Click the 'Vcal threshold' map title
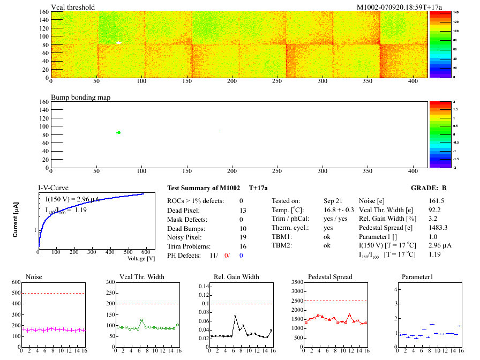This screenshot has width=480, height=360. click(x=73, y=7)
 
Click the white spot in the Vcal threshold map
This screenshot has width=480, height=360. click(x=119, y=42)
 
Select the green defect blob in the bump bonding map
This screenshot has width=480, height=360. click(x=118, y=132)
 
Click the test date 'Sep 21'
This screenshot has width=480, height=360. click(x=333, y=201)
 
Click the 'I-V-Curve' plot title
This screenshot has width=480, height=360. click(x=53, y=188)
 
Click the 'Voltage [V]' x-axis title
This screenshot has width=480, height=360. click(x=141, y=258)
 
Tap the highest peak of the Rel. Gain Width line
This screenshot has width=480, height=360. click(x=235, y=317)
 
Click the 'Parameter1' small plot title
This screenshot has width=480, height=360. click(x=417, y=277)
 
